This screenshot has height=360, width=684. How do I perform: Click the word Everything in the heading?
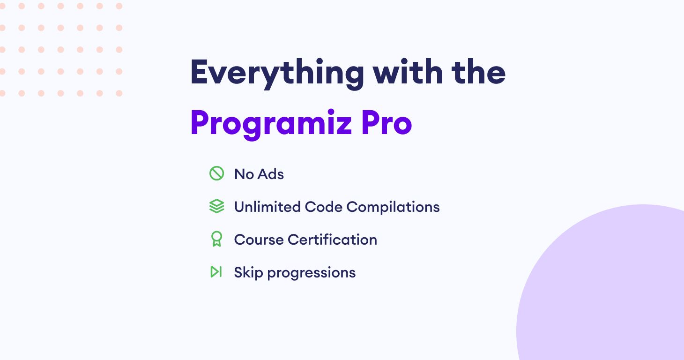(277, 74)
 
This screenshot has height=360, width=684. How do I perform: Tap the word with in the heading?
(408, 72)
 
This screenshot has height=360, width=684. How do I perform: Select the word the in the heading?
(478, 72)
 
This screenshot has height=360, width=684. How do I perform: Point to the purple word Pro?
(387, 122)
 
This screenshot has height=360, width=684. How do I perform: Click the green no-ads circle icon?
(217, 173)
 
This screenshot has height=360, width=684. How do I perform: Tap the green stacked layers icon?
(217, 206)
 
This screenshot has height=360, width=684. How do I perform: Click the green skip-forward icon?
(216, 272)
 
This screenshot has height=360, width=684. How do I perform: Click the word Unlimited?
(267, 207)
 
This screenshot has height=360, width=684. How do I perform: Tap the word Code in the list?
(323, 207)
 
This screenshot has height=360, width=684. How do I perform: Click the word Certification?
(332, 239)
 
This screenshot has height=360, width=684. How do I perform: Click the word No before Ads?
(244, 174)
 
